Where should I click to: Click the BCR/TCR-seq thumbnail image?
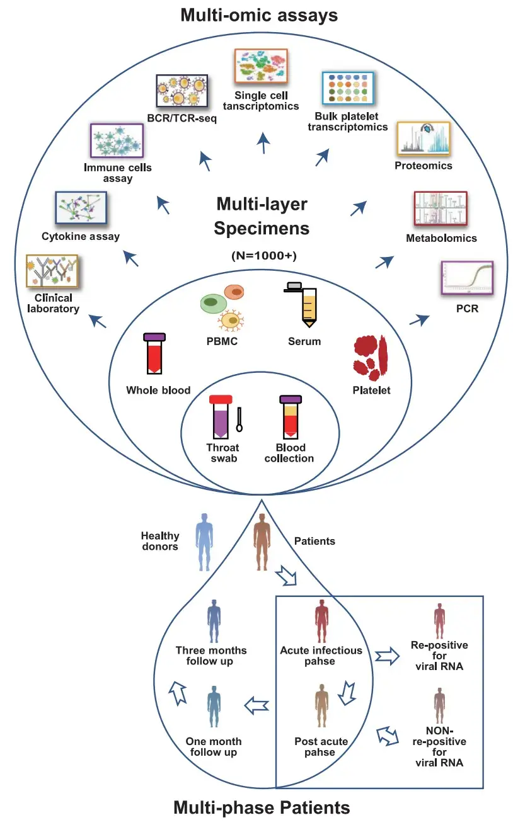182,91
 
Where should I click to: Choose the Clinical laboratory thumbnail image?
51,271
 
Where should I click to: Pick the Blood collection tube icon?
289,418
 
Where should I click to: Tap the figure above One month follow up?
214,710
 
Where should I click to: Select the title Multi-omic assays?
259,15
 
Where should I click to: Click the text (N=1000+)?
262,256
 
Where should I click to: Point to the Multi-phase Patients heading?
261,807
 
